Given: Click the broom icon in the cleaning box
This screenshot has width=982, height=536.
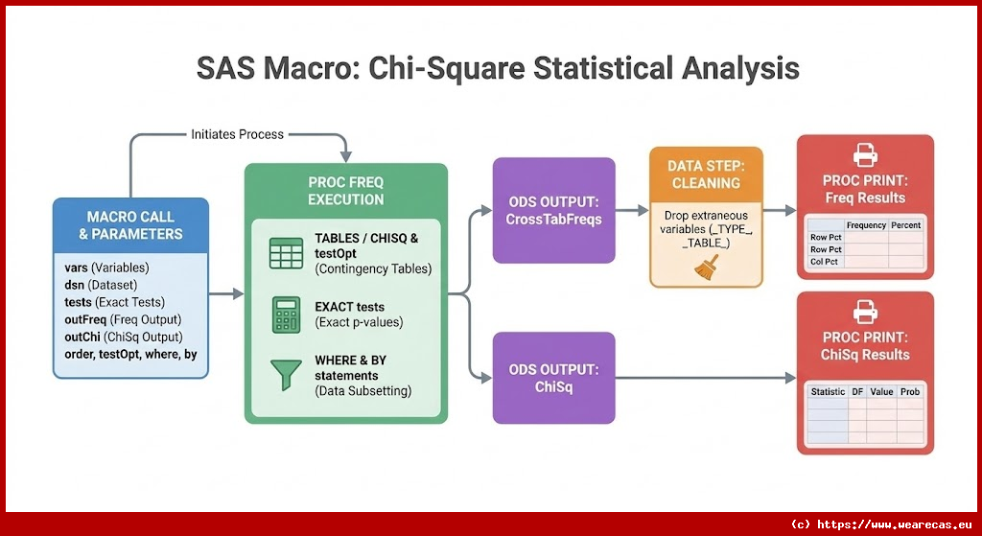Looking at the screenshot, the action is (x=707, y=267).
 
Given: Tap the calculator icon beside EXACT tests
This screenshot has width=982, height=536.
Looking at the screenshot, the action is (x=286, y=315).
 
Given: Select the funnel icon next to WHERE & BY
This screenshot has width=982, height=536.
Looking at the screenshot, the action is (x=286, y=375).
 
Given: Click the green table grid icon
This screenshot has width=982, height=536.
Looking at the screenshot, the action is (x=286, y=253).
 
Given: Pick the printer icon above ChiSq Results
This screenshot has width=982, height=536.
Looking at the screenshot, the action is (x=865, y=312).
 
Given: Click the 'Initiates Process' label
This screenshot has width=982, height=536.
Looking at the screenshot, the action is (x=238, y=134).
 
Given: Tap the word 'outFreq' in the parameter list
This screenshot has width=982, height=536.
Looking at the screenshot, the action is (x=85, y=319).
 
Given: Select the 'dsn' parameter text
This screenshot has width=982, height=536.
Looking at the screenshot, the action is (x=73, y=285).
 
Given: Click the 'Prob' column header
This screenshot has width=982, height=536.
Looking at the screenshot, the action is (x=910, y=391).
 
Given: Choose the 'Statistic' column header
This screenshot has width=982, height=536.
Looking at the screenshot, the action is (x=828, y=391).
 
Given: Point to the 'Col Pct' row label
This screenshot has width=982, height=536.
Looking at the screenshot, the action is (x=824, y=262).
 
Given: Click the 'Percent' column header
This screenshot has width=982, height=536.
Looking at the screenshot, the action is (x=905, y=224).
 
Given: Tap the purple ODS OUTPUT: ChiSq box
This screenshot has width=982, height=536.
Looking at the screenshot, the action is (x=553, y=378).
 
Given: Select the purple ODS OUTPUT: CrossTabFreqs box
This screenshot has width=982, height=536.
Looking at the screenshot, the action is (x=553, y=210).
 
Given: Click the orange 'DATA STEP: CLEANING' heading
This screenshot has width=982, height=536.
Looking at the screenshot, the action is (x=706, y=175).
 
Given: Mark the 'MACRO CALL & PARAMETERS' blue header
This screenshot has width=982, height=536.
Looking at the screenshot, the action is (x=130, y=225).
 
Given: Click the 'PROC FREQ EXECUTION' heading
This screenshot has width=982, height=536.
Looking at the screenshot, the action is (x=345, y=191).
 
